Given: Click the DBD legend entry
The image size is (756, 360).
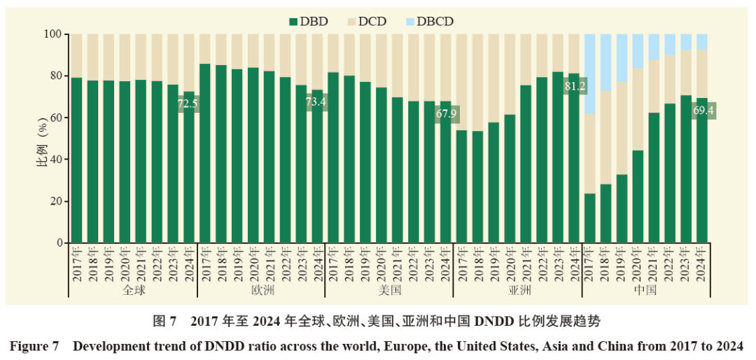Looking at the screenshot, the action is (309, 22).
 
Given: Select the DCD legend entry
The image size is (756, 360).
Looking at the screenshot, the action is (366, 22).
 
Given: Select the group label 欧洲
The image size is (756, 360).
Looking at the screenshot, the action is (261, 291).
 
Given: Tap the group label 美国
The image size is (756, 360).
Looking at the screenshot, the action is (390, 291).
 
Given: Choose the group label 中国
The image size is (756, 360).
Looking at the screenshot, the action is (646, 291).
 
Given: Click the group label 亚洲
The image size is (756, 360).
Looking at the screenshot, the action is (518, 291).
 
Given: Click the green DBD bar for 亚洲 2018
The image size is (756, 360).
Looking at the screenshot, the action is (478, 187).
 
